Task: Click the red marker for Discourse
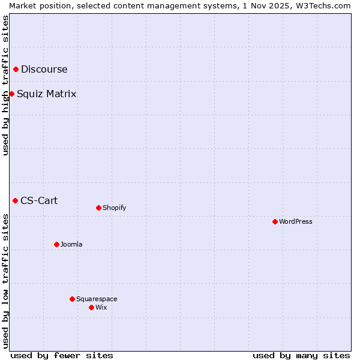point(16,70)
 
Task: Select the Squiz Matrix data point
point(11,94)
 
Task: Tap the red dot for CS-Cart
point(16,200)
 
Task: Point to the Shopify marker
point(98,208)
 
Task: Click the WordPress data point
point(275,221)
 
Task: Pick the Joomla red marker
point(56,244)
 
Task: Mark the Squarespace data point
point(72,299)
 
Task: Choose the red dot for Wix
point(91,307)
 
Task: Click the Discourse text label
point(44,70)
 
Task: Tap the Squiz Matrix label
point(47,94)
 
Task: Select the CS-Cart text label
point(40,200)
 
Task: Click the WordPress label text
point(296,221)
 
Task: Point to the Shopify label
point(115,208)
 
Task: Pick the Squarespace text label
point(97,299)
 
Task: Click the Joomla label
point(71,244)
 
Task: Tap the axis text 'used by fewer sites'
point(62,355)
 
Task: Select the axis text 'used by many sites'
point(301,355)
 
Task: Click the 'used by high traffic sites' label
point(5,85)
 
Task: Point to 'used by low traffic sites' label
point(5,281)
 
